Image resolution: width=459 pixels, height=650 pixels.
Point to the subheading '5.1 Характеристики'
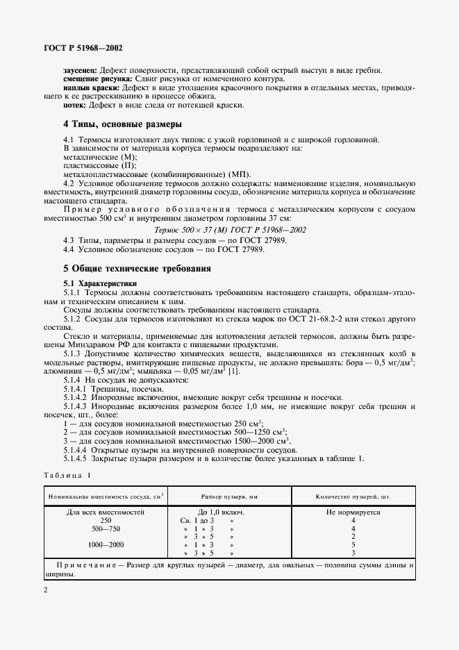[100, 283]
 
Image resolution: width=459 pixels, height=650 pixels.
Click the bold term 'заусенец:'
[81, 71]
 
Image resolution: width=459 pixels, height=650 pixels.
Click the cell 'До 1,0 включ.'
[228, 511]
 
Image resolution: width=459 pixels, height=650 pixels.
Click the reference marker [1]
[235, 373]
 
